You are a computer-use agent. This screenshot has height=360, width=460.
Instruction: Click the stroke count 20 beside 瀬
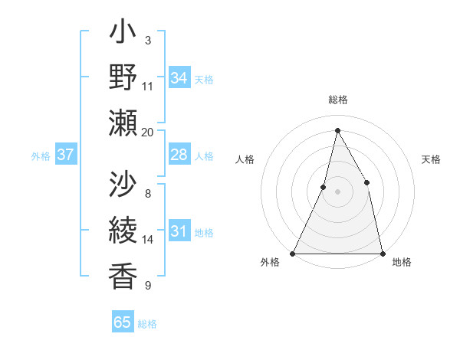coord(148,132)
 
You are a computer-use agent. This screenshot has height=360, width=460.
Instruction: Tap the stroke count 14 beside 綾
coord(148,240)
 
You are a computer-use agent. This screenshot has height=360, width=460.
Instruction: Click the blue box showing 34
coord(179,77)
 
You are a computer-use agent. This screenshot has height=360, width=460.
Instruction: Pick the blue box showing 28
coord(179,155)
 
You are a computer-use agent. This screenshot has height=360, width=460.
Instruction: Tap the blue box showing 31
coord(179,231)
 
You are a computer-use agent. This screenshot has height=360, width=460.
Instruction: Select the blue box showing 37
coord(65,155)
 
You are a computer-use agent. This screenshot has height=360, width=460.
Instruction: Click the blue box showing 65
coord(123,322)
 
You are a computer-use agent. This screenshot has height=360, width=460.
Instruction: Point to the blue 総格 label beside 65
coord(148,324)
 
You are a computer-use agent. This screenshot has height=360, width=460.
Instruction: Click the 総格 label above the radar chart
coord(337,100)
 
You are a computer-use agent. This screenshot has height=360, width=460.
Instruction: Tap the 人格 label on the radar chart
coord(245,159)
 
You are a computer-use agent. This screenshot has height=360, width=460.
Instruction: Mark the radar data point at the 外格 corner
coord(293,253)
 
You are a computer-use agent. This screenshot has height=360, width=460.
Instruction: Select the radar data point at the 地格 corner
coord(382,253)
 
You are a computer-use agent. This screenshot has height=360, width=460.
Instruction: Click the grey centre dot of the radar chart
coord(337,191)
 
